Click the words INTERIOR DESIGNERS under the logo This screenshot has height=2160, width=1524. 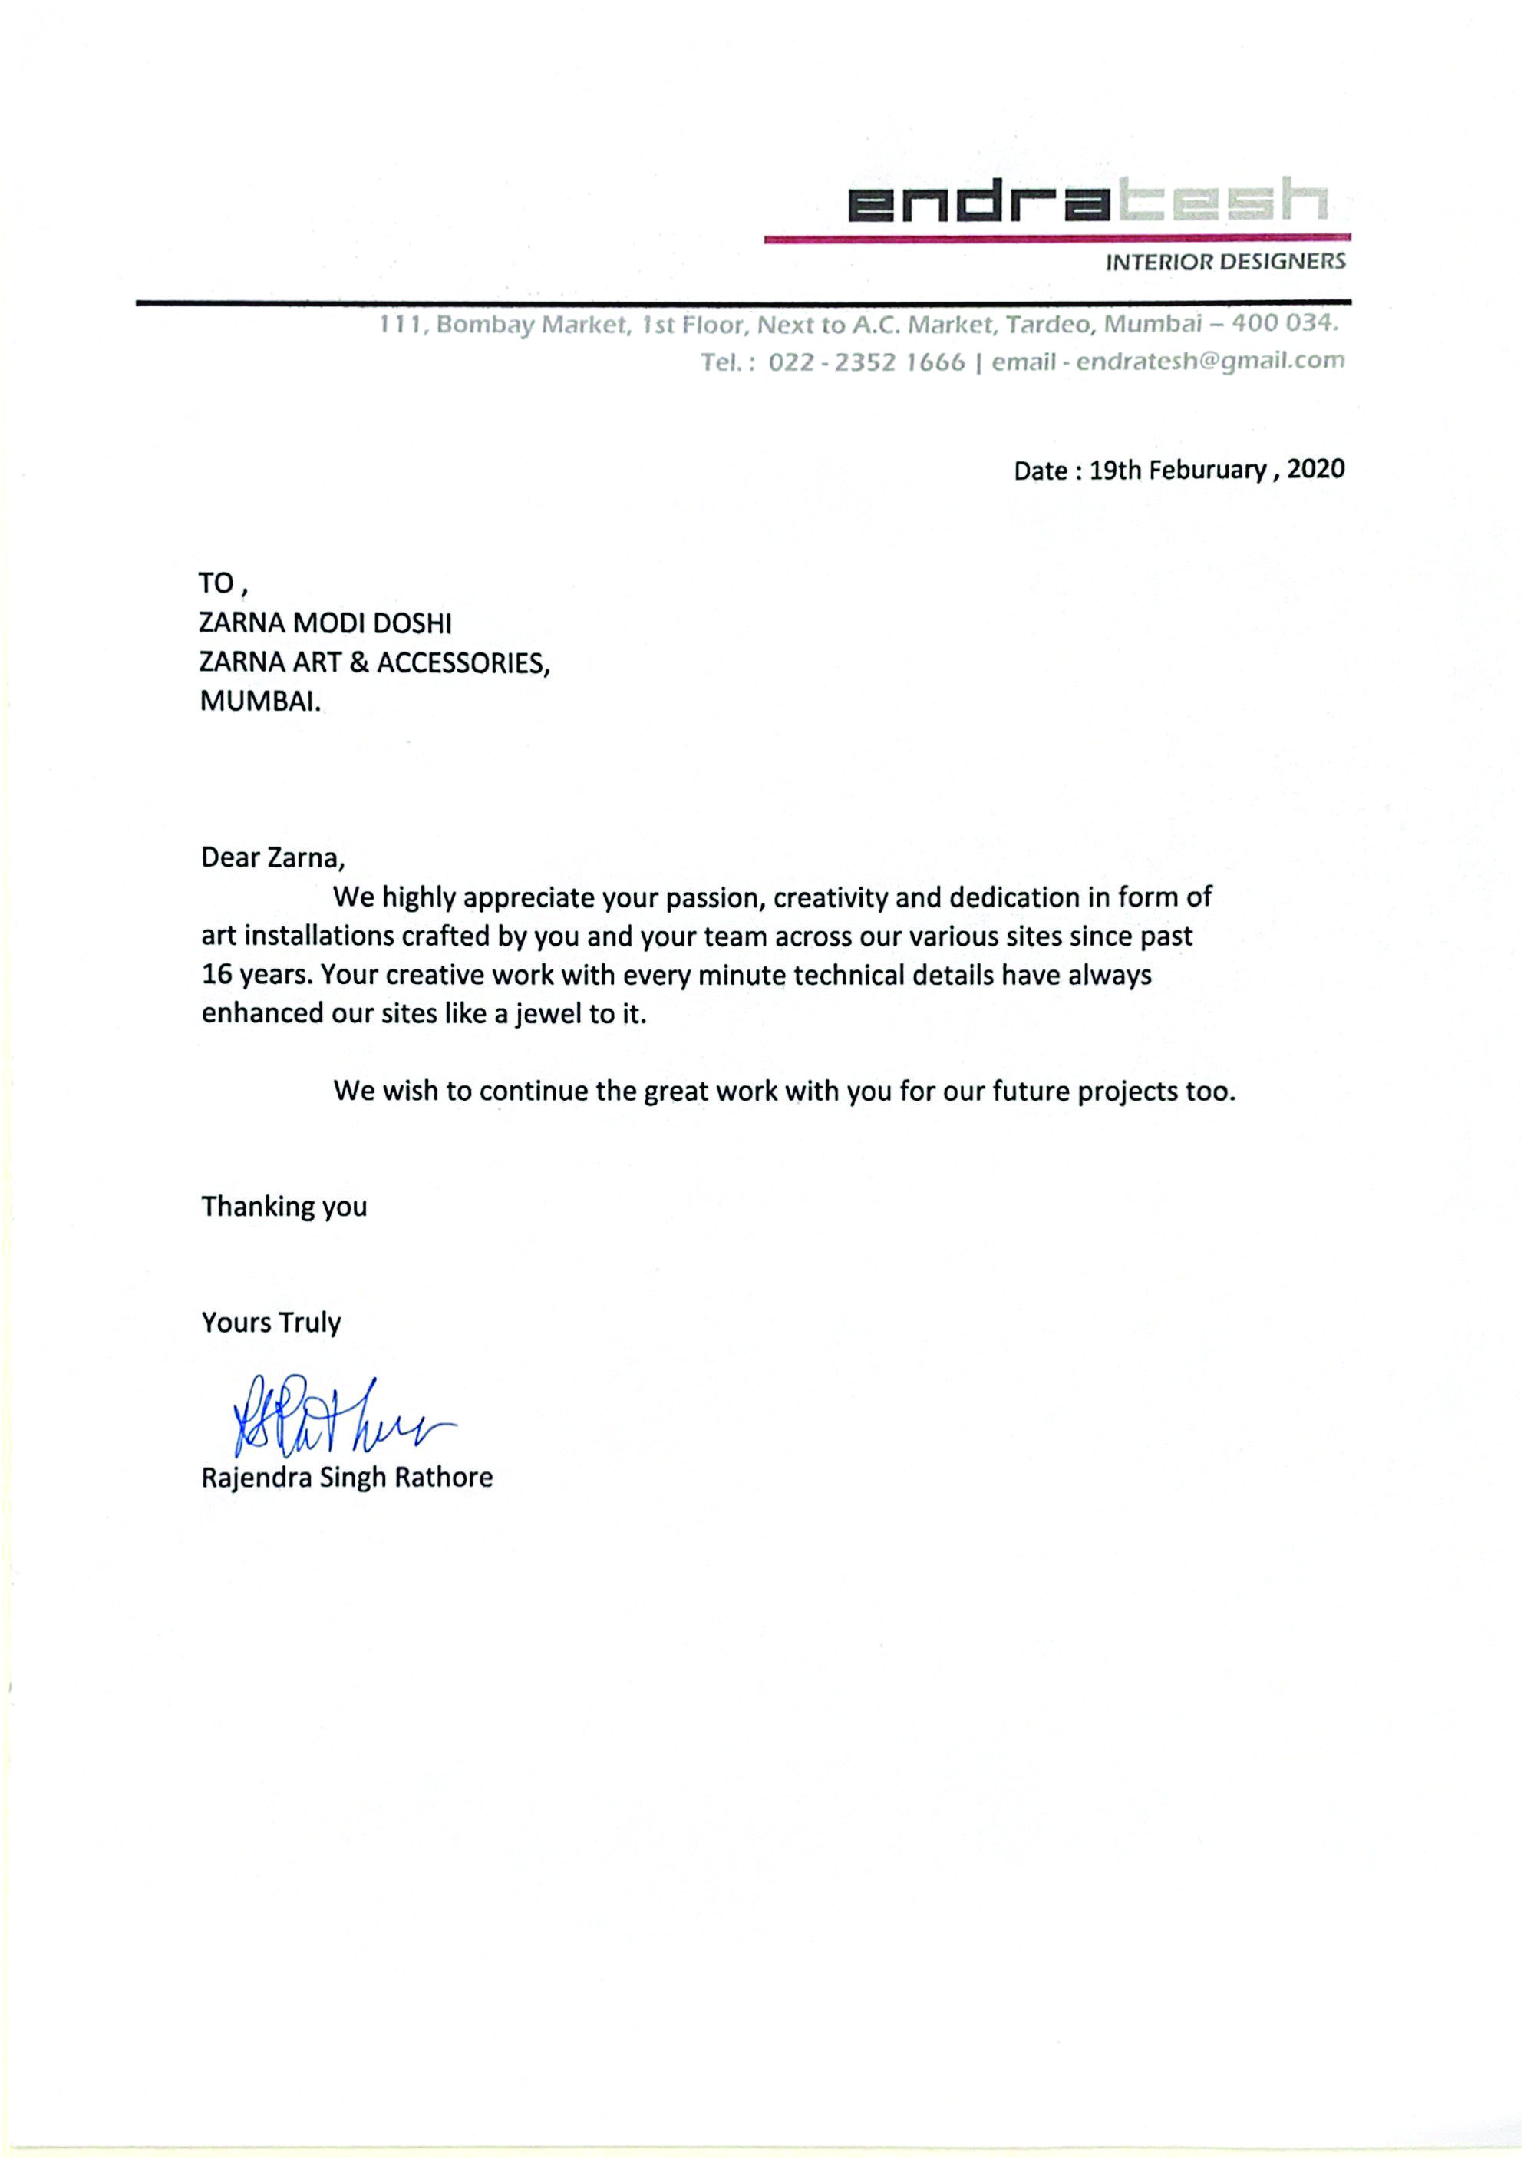(1225, 262)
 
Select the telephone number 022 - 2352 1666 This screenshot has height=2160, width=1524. (866, 362)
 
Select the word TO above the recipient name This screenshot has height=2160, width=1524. (216, 584)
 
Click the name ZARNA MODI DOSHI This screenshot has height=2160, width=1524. (325, 624)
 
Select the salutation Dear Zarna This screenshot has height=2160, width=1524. (271, 858)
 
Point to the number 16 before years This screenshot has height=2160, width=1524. (216, 975)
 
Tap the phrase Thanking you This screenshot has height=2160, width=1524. (284, 1206)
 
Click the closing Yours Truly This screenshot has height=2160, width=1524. (271, 1323)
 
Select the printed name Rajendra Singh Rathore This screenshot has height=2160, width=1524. (346, 1477)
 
